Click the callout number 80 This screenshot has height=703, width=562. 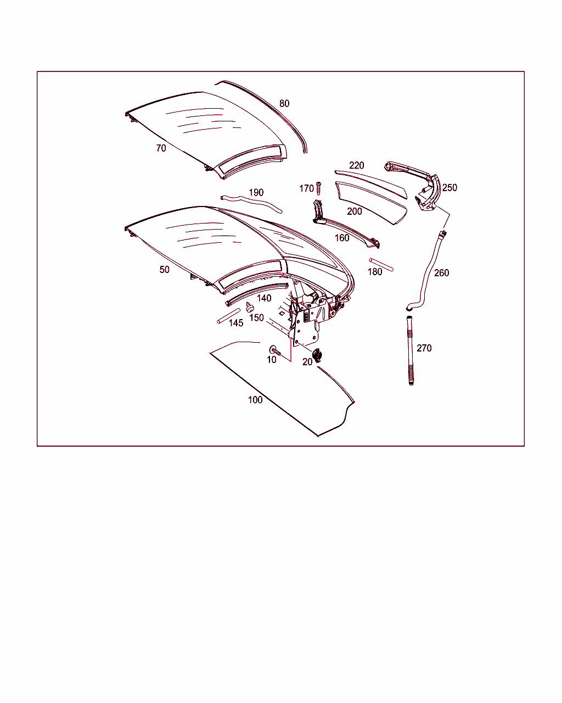pos(284,104)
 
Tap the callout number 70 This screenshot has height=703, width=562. pos(161,148)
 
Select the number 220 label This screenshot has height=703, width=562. pos(356,165)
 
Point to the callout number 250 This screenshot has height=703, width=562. pos(449,187)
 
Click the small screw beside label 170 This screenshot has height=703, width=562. pos(319,188)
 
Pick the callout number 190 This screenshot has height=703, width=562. pos(256,192)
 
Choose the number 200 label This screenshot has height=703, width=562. pos(355,211)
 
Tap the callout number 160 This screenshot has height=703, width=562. pos(342,238)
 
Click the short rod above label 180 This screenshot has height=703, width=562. pos(381,265)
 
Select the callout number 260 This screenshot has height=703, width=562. pos(441,273)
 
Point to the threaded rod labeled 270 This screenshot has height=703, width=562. pos(410,350)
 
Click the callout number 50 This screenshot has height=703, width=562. pos(164,270)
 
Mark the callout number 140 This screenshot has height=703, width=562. pos(264,298)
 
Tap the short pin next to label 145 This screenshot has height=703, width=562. pos(229,316)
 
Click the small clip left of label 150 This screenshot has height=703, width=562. pos(250,307)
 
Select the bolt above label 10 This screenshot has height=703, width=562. pos(275,350)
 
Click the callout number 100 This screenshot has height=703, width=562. pos(255,400)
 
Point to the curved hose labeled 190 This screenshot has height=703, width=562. pos(251,204)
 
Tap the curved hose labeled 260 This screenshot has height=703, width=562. pos(428,271)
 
